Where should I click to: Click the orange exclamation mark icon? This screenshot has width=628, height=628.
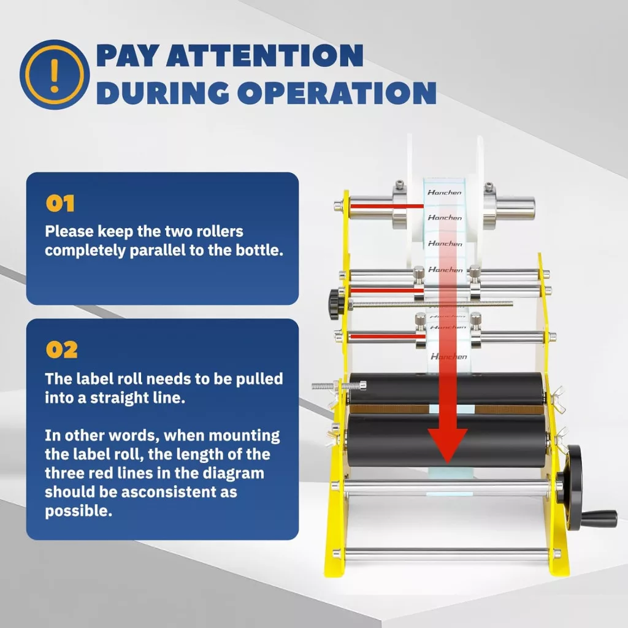point(55,74)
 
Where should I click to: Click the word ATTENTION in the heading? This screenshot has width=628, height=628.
point(265,55)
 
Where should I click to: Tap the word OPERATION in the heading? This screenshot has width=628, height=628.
point(337,93)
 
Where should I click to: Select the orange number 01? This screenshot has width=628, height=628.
point(60,204)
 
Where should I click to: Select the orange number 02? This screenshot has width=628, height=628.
point(62,350)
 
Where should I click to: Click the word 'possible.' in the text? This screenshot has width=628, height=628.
point(78,511)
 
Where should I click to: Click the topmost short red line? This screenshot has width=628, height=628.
point(386,207)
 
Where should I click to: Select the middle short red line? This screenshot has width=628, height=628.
point(387,291)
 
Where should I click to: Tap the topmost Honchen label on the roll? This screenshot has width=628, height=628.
point(445,192)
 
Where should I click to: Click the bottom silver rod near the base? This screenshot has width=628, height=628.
point(446,554)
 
